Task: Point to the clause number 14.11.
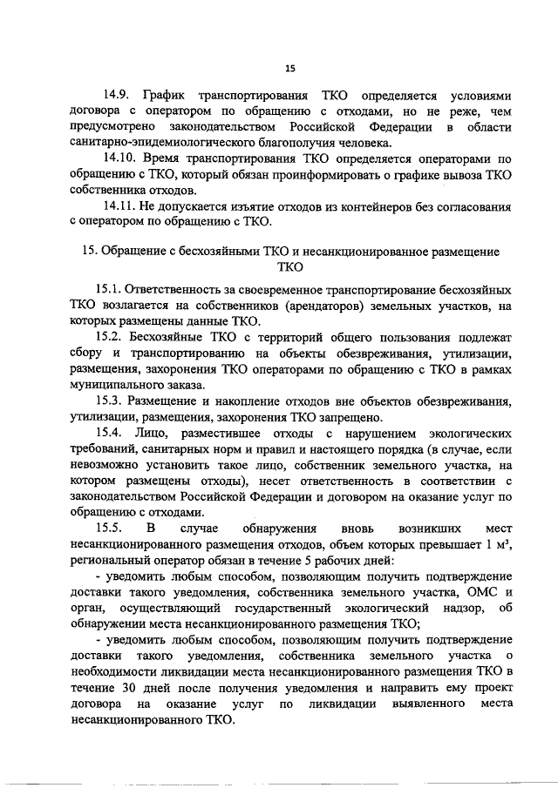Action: pyautogui.click(x=120, y=205)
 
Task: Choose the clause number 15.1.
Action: pyautogui.click(x=108, y=288)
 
